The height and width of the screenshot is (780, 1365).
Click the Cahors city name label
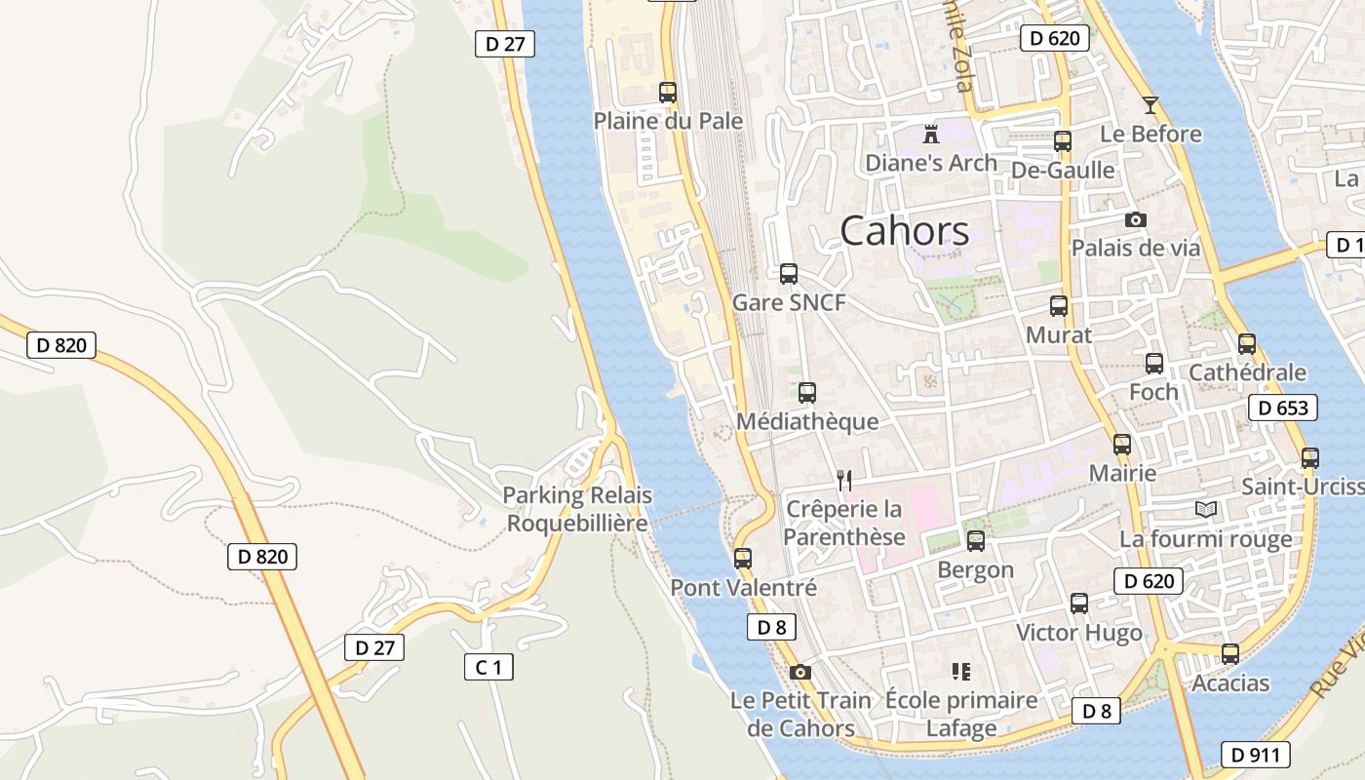point(904,231)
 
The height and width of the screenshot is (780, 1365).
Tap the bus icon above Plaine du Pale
point(668,93)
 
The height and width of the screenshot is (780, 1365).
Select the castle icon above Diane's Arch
point(931,134)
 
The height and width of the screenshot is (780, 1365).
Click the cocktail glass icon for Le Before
point(1150,105)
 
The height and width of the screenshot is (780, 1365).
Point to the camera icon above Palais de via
point(1135,219)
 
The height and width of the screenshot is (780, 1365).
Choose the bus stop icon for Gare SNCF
point(789,274)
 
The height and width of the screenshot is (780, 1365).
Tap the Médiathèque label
point(807,421)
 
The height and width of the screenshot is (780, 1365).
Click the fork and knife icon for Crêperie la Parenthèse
point(844,480)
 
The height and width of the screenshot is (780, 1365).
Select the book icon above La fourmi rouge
point(1205,509)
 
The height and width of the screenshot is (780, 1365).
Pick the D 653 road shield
point(1283,408)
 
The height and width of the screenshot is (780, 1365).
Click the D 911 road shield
point(1256,754)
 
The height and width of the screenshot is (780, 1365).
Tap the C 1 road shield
point(487,667)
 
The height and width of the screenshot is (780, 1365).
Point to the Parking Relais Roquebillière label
point(576,509)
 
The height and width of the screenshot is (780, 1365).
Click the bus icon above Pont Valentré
point(743,559)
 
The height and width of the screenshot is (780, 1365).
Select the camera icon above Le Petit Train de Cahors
point(800,672)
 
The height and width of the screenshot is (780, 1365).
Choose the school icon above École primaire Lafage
point(961,671)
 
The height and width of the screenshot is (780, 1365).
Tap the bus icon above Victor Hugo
point(1079,604)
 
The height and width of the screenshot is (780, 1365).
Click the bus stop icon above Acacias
point(1230,654)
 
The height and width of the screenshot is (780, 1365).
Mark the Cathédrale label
point(1247,371)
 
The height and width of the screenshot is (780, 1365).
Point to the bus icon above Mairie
point(1122,445)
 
